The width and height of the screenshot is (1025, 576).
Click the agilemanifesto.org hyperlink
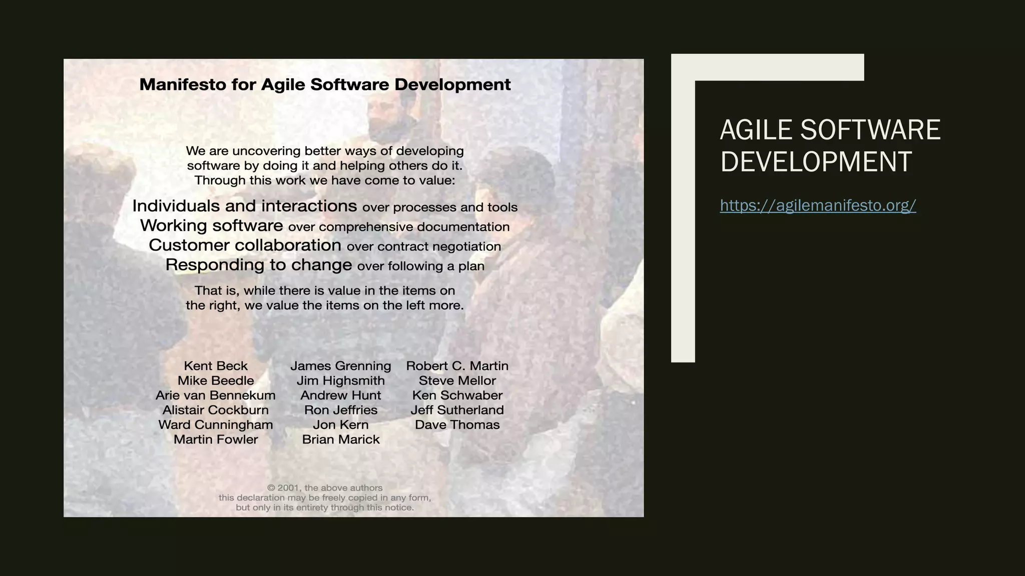point(818,205)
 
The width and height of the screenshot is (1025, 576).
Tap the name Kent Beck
point(216,366)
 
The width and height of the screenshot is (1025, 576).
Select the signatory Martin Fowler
point(216,439)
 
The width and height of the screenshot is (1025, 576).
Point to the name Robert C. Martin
point(457,366)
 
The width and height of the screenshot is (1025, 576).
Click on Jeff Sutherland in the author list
point(457,410)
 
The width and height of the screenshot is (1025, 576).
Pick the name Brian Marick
point(341,439)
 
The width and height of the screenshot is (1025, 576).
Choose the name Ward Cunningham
point(216,425)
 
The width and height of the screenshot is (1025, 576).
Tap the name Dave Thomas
point(457,425)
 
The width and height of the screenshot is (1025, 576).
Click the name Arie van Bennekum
point(216,395)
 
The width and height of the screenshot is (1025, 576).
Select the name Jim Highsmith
point(341,381)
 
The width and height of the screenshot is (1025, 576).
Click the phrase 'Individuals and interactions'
point(244,206)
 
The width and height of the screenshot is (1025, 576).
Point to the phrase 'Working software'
point(211,225)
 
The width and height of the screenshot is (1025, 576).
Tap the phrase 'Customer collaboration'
point(245,245)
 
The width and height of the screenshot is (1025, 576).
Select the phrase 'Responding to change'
point(258,265)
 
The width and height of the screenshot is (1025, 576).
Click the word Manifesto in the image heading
point(183,84)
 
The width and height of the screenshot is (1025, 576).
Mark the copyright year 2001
point(288,488)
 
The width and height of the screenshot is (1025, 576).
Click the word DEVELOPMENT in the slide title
point(815,161)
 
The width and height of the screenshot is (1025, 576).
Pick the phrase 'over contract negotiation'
point(423,246)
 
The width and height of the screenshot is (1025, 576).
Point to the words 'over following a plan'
point(420,266)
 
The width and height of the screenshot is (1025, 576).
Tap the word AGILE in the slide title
point(756,130)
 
